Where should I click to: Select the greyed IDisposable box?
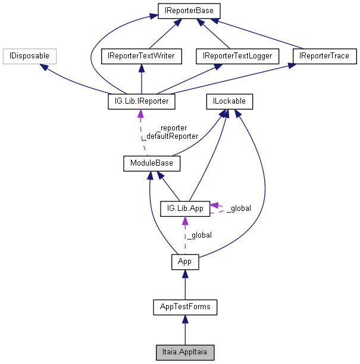(x=29, y=57)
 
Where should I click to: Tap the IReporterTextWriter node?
(x=140, y=57)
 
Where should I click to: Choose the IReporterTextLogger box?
(x=237, y=57)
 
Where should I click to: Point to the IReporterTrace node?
(x=324, y=57)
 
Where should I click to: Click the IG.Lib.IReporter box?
(x=140, y=102)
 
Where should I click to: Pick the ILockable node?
(x=228, y=102)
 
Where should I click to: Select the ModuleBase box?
(x=152, y=163)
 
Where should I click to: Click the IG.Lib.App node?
(x=185, y=209)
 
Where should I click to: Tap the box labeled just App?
(x=185, y=262)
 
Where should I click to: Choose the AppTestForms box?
(x=185, y=307)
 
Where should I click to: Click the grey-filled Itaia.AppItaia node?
(x=185, y=352)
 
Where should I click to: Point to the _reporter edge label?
(x=171, y=127)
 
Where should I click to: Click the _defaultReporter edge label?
(x=170, y=136)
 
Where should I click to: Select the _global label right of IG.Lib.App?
(x=239, y=209)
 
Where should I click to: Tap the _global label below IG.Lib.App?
(x=199, y=235)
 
